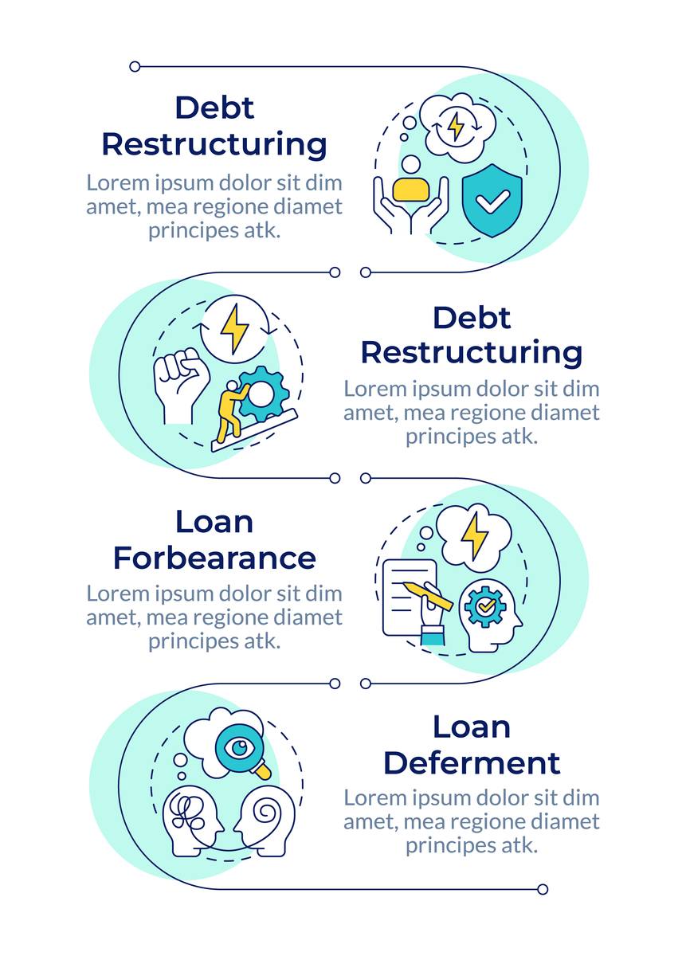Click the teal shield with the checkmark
point(492,201)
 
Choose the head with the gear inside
point(489,615)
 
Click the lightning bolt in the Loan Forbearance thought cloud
point(474,536)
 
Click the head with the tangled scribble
point(193,821)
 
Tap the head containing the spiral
point(264,821)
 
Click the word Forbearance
point(214,558)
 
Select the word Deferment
point(472,763)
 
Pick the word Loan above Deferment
point(472,727)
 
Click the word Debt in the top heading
point(214,108)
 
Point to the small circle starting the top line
point(135,67)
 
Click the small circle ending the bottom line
point(543,889)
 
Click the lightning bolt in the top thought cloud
point(456,127)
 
